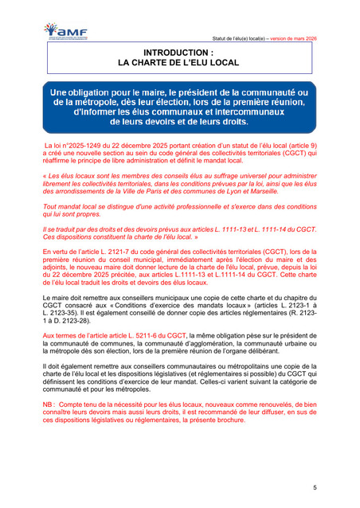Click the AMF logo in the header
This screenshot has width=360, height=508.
click(67, 32)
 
